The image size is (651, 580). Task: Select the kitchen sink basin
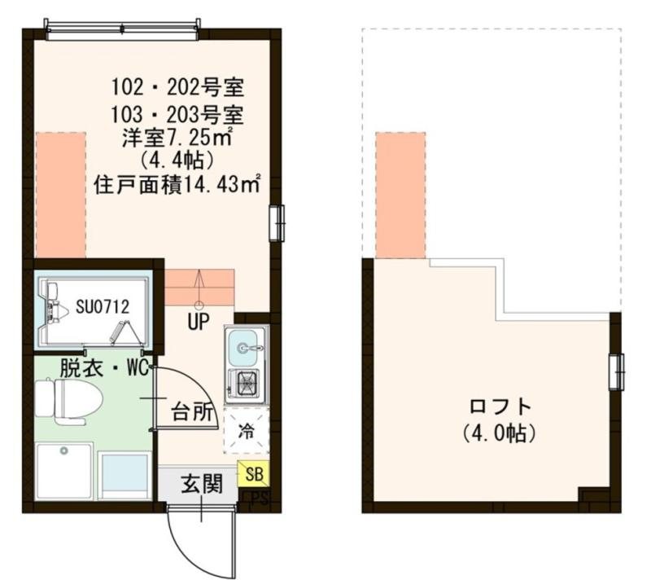(245, 349)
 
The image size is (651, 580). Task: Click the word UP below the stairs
(199, 323)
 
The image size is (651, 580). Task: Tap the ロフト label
(500, 406)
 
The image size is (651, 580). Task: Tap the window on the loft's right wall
(618, 371)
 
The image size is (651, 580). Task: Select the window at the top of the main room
(122, 30)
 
